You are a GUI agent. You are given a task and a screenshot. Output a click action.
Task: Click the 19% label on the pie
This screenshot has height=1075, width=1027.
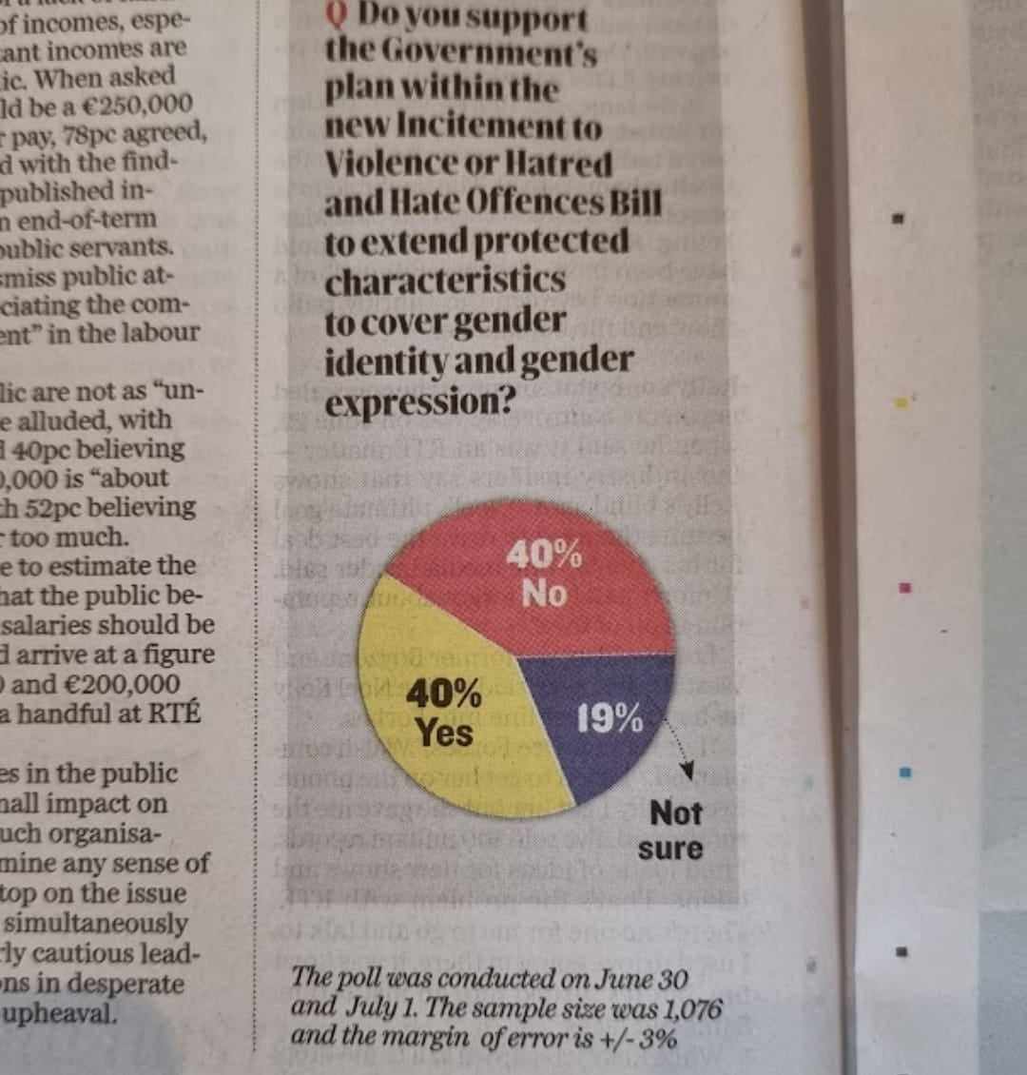(x=610, y=720)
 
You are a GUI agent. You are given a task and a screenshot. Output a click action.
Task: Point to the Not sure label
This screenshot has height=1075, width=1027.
(x=674, y=831)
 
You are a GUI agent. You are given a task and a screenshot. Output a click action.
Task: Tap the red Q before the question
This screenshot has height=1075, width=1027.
(x=335, y=16)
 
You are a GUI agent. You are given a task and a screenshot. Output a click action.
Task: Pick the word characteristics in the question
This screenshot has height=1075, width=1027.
(x=445, y=282)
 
